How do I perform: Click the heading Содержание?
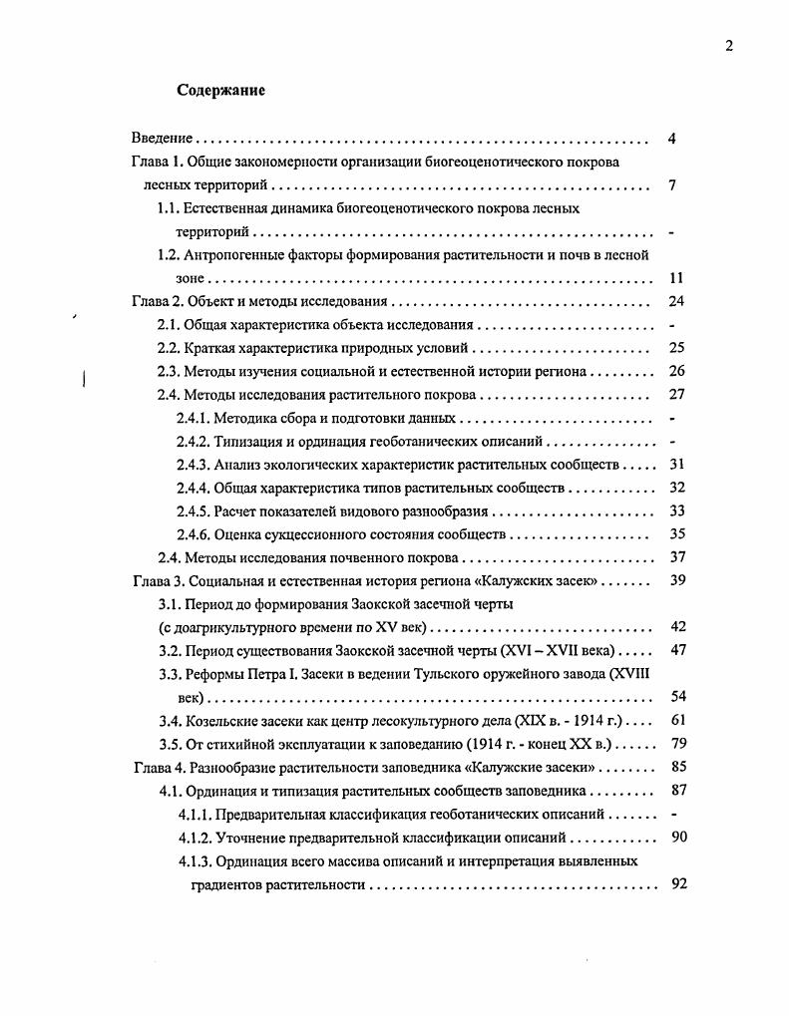pos(220,91)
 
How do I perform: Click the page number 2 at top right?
pos(729,45)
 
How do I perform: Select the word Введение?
pos(162,139)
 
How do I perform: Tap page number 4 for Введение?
pos(672,139)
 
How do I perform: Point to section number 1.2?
pos(169,255)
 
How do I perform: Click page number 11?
pos(676,279)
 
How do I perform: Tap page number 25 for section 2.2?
pos(676,349)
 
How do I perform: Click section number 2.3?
pos(169,372)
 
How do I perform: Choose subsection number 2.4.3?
pos(194,465)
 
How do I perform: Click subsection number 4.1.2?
pos(195,837)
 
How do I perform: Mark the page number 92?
pos(679,883)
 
